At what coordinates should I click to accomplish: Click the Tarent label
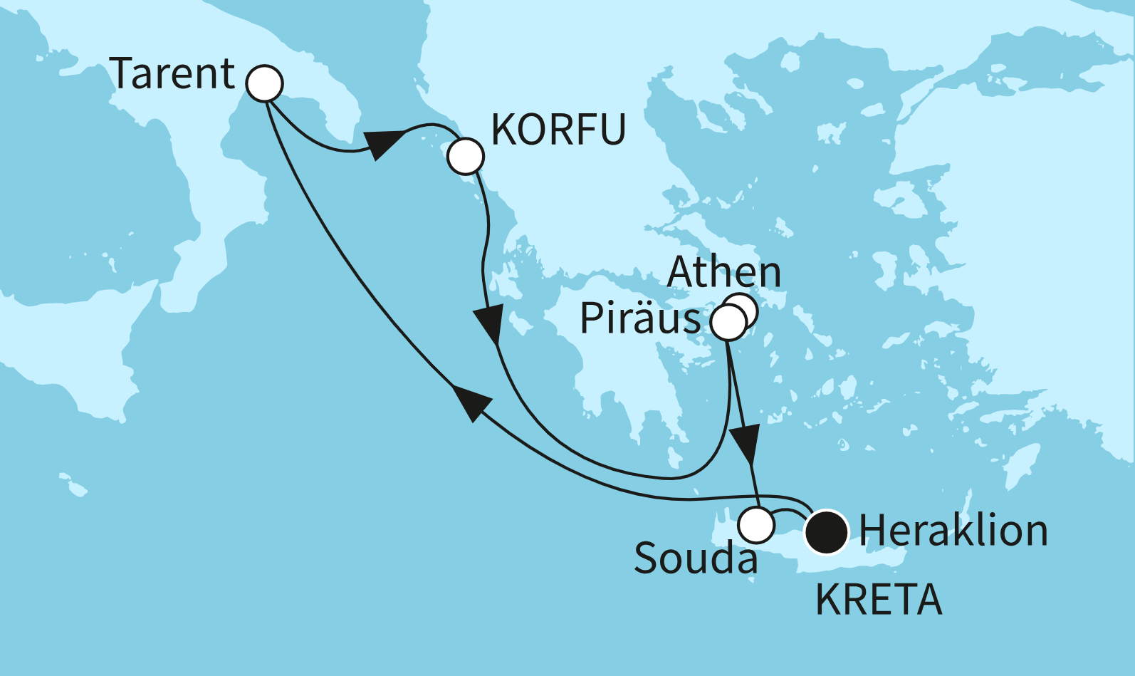point(173,74)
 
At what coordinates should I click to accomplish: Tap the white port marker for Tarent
point(264,83)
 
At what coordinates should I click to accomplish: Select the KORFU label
point(558,130)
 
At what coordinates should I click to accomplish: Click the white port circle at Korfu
point(465,155)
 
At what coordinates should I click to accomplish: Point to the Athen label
point(724,272)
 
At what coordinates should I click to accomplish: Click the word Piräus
point(640,318)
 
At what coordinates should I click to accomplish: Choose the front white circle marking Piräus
point(728,323)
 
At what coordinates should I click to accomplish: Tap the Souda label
point(696,558)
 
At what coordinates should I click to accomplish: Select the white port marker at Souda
point(756,526)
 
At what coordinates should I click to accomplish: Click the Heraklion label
point(953,531)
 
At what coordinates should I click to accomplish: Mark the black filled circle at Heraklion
point(826,532)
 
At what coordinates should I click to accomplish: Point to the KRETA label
point(879,600)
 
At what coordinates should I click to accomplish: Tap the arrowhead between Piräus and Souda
point(746,444)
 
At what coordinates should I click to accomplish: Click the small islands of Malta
point(73,485)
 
